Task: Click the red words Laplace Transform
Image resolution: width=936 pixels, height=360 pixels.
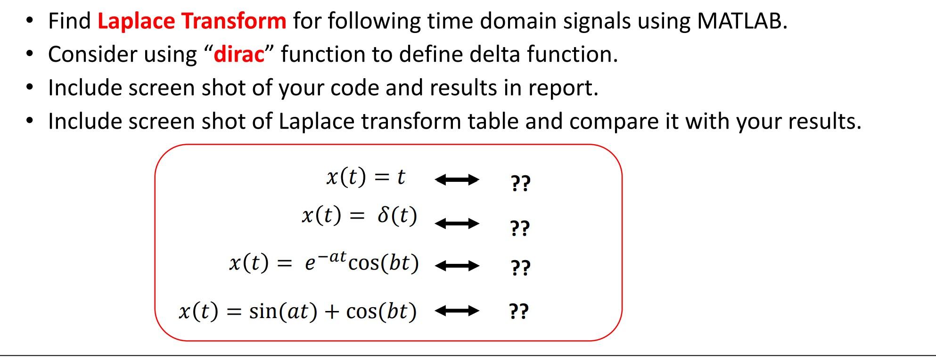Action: coord(191,21)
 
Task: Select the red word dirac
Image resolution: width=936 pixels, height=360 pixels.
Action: coord(239,55)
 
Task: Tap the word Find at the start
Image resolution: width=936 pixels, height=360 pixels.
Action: coord(69,21)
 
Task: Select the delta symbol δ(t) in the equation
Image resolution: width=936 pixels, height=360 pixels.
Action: coord(397,216)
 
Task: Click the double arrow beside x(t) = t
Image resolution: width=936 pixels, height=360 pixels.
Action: coord(456,180)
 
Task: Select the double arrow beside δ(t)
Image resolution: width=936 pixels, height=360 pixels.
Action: coord(456,223)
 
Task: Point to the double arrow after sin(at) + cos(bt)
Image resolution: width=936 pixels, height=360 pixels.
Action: coord(456,311)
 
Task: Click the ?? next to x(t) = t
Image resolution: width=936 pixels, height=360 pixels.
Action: coord(520,183)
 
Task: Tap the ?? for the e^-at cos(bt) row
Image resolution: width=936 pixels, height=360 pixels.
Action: coord(520,268)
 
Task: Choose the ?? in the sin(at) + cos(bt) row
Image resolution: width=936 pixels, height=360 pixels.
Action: coord(519,311)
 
